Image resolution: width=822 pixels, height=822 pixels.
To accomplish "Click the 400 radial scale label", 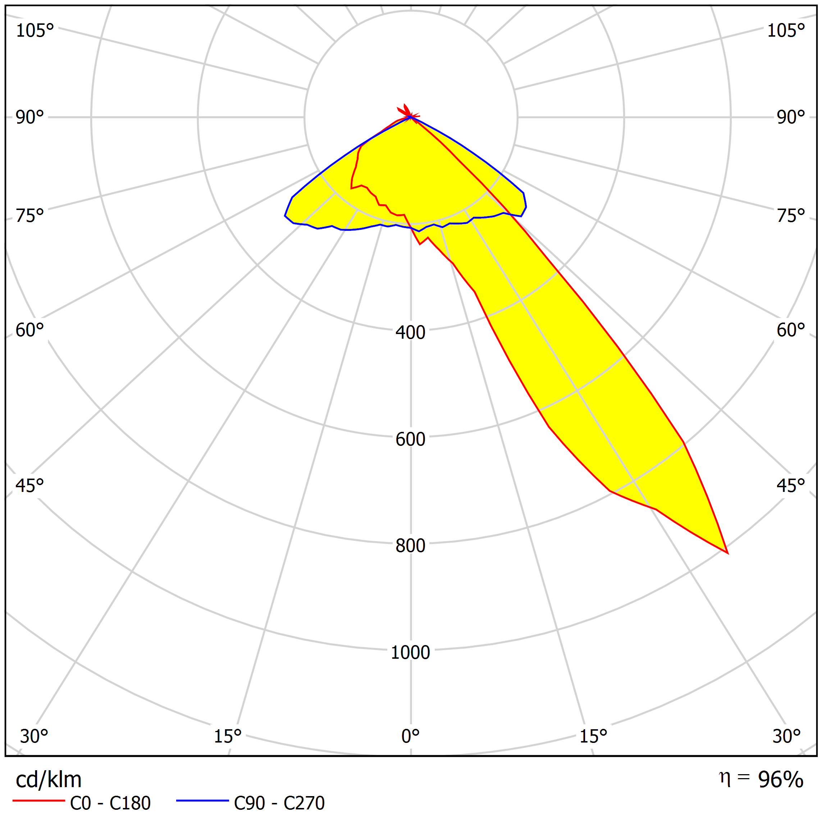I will click(x=410, y=332).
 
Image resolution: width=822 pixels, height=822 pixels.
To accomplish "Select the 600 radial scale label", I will click(x=410, y=439).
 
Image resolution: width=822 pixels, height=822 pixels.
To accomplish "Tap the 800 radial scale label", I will click(x=410, y=545).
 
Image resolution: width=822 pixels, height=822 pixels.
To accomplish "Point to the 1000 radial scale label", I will click(x=410, y=652).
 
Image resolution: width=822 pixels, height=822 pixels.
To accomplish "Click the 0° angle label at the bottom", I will click(x=410, y=736).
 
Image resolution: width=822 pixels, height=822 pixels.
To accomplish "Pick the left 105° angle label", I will click(x=35, y=31).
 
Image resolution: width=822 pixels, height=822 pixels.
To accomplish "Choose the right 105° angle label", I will click(x=786, y=31).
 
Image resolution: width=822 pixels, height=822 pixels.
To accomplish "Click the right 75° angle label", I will click(x=790, y=216).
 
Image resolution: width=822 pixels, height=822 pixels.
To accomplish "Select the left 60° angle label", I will click(x=30, y=330).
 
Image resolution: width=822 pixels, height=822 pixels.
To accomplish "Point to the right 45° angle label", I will click(x=790, y=485).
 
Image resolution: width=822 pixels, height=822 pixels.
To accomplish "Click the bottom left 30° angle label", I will click(x=34, y=736).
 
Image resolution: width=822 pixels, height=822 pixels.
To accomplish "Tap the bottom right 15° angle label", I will click(x=593, y=736).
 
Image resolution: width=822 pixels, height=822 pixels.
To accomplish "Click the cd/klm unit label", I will click(x=49, y=780).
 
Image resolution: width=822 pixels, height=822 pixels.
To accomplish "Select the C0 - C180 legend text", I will click(x=110, y=803).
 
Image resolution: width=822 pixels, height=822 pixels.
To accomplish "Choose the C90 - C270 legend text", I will click(x=279, y=803).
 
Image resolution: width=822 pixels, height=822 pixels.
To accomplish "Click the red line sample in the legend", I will click(x=39, y=801).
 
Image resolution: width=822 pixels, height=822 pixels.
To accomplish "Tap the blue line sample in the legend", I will click(x=202, y=801).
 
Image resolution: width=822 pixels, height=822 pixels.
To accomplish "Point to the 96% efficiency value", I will click(x=780, y=780).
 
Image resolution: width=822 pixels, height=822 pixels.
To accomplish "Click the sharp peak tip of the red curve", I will click(x=727, y=553).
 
